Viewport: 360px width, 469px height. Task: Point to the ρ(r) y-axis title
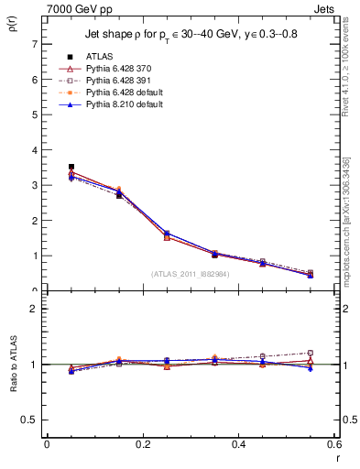pos(12,21)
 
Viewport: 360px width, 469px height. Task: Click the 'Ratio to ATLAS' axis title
pos(12,365)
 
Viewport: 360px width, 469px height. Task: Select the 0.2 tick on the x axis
pos(142,444)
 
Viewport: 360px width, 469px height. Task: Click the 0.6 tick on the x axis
pos(334,444)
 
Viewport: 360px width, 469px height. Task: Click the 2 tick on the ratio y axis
pos(34,310)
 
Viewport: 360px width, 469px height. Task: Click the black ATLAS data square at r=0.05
pos(47,167)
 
